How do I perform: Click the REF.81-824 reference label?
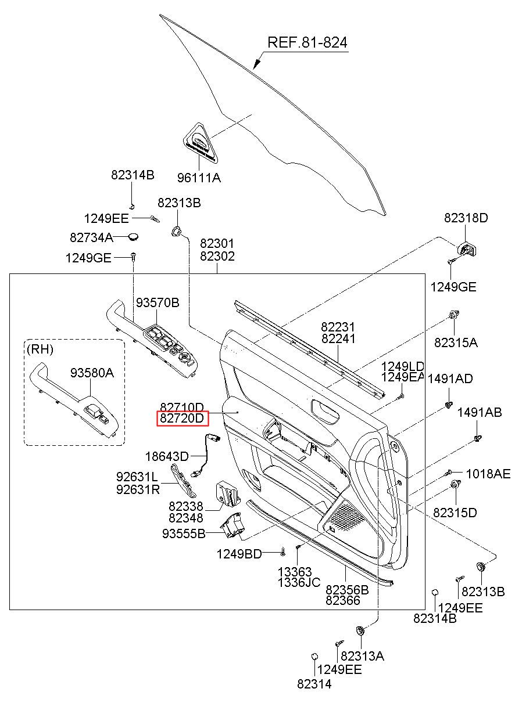pos(307,42)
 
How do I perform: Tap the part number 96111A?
pos(199,178)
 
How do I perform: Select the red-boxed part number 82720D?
pos(182,418)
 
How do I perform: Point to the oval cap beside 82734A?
pos(134,236)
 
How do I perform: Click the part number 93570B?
pos(158,302)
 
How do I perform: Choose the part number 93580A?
pos(92,373)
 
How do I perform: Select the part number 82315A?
pos(456,343)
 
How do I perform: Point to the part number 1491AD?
pos(450,379)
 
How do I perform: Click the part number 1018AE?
pos(488,474)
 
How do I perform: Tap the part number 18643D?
pos(167,456)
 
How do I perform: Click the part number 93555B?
pos(184,533)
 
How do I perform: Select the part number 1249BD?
pos(239,554)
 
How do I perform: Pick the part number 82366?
pos(343,600)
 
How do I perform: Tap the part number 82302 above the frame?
pos(217,256)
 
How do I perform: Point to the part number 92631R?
pos(138,489)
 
